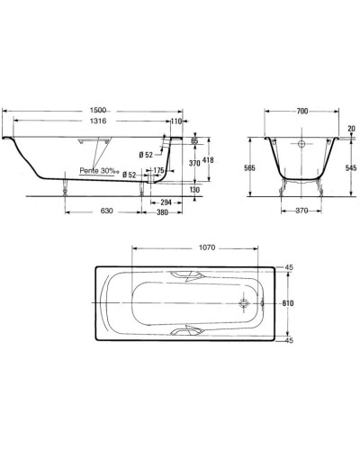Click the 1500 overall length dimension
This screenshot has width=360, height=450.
pos(98,111)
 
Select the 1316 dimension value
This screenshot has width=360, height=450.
pos(98,121)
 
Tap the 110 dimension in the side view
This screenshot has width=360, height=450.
pos(176,121)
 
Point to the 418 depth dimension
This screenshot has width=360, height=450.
pos(208,160)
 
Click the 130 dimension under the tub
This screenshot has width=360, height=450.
pos(194,190)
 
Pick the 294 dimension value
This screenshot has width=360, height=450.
pos(166,202)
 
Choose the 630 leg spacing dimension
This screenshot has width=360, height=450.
pos(107,211)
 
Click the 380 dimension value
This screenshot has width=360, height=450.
pos(162,212)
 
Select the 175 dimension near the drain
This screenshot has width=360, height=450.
pos(158,170)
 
